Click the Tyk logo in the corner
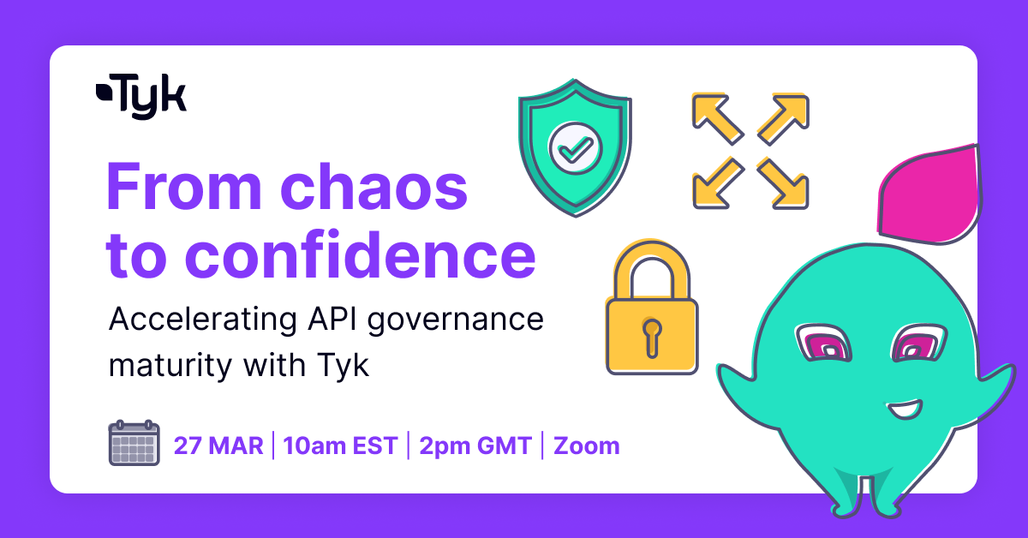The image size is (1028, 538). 140,97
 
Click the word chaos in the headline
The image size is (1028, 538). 374,187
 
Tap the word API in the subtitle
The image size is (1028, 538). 332,319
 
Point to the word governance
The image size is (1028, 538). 455,322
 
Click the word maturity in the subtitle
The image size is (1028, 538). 170,366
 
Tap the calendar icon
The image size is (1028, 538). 134,443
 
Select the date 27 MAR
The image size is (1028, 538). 218,445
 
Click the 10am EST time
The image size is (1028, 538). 341,445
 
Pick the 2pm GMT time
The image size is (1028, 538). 475,445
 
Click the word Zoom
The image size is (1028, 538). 587,445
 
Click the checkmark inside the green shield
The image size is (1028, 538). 575,150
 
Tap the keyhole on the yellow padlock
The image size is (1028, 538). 652,338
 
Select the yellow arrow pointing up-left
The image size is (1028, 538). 717,118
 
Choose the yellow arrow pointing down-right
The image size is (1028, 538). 783,183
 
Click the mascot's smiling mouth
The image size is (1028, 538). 904,409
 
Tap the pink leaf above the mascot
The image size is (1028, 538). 929,195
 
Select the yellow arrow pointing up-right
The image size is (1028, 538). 783,118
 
